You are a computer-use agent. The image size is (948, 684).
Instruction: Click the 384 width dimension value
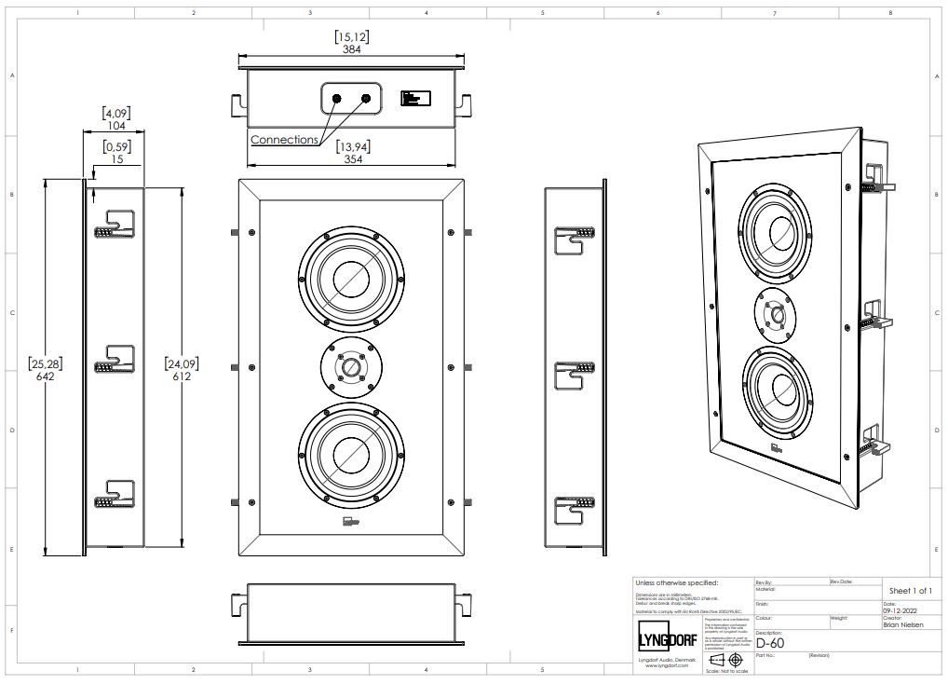(351, 49)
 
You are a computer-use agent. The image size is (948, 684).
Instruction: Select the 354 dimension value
(351, 158)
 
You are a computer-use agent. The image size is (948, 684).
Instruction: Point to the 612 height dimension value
(182, 376)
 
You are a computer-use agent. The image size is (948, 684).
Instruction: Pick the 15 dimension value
(116, 158)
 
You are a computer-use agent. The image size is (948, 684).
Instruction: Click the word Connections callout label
(284, 140)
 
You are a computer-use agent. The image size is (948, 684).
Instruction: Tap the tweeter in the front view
(351, 368)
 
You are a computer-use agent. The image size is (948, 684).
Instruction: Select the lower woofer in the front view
(351, 453)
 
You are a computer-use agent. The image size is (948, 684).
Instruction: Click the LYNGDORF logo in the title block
(666, 640)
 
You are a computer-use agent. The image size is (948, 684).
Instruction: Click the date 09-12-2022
(900, 610)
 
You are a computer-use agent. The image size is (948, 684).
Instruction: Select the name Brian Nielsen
(902, 625)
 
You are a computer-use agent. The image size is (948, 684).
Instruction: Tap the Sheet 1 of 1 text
(910, 591)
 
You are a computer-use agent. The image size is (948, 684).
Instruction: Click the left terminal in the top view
(337, 98)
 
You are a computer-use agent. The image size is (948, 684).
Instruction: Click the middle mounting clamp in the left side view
(115, 359)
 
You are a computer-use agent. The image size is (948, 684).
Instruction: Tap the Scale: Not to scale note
(725, 671)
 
